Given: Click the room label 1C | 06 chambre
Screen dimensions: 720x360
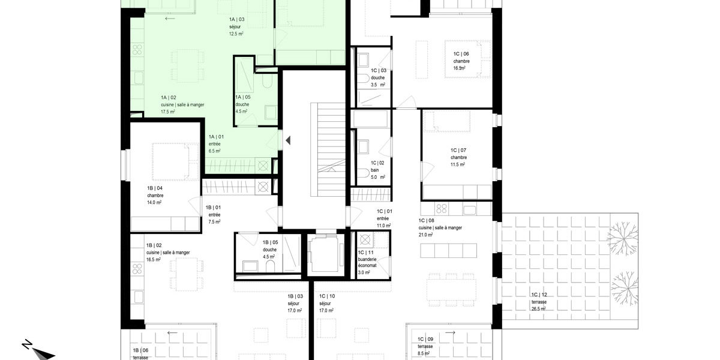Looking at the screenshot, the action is [x=461, y=58].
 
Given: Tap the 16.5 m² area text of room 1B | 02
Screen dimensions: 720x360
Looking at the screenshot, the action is [x=154, y=260].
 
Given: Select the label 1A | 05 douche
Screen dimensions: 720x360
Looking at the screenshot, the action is [x=242, y=101].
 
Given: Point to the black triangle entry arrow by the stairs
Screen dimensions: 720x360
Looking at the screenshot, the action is [x=288, y=140].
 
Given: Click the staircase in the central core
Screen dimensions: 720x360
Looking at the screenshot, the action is [x=328, y=150].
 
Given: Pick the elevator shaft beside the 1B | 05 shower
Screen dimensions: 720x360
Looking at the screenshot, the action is [x=326, y=254].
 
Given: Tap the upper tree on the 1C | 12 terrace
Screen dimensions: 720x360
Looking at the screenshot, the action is [x=623, y=239].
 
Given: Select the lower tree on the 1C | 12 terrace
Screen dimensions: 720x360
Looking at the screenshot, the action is [x=624, y=288].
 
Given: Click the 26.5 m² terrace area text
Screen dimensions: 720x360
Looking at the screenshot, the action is [x=538, y=309].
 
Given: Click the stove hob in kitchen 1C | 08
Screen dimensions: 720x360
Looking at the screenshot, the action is [x=442, y=209].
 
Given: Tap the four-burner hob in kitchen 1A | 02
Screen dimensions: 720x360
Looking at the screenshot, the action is [x=137, y=50].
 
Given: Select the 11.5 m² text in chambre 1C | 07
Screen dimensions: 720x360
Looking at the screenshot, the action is [x=457, y=164].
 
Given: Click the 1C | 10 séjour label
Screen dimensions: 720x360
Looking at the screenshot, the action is [x=327, y=299].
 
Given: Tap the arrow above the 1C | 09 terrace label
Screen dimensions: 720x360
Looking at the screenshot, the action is [x=450, y=332].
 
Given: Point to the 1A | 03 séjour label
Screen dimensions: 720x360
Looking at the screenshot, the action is [x=237, y=23].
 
